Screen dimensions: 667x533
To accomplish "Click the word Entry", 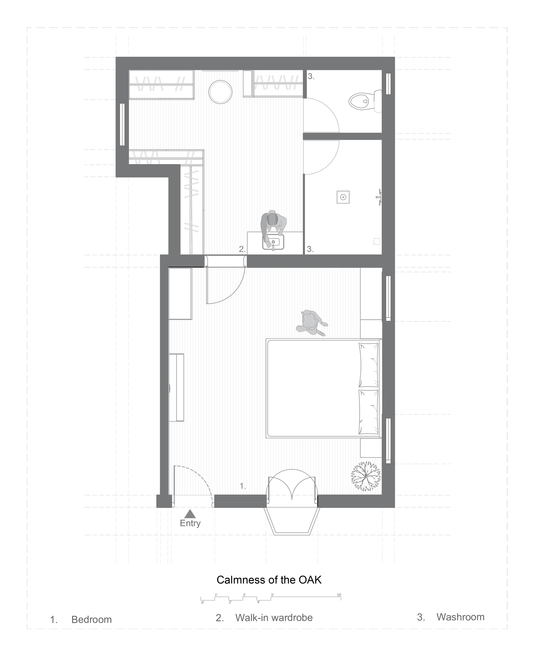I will pyautogui.click(x=190, y=523).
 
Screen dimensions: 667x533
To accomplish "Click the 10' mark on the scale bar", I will pyautogui.click(x=339, y=595).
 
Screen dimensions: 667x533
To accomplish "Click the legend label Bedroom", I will pyautogui.click(x=91, y=620).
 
